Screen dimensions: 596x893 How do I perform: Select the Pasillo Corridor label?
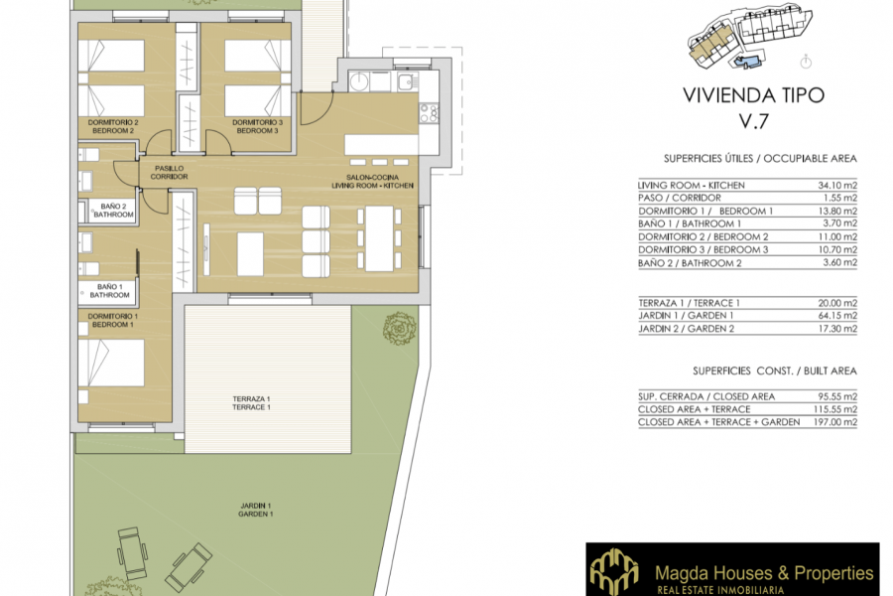[168, 172]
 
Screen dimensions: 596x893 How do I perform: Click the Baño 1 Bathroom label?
[109, 291]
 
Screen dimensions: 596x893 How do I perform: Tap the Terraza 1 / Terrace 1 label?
[250, 402]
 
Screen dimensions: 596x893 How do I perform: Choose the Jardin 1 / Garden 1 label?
[256, 509]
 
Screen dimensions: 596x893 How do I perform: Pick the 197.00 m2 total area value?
[831, 422]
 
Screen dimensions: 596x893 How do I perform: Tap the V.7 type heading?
[754, 122]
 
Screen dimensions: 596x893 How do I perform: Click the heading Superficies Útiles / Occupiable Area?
[760, 159]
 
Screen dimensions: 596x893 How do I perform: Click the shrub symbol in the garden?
[399, 328]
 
